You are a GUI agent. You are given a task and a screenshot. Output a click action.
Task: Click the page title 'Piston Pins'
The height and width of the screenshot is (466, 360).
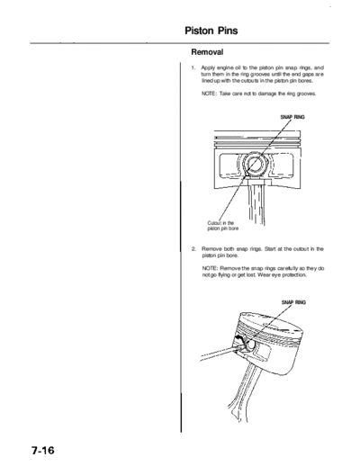211,31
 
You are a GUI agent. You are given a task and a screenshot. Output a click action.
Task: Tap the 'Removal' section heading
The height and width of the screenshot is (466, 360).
207,52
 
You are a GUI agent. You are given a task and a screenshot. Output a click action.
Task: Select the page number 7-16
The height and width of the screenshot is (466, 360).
42,451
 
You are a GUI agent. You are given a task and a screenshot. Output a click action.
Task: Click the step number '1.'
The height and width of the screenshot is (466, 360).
193,67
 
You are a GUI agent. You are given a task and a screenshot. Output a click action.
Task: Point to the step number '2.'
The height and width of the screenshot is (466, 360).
194,249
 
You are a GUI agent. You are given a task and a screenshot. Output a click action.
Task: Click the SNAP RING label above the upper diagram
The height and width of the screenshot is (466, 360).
292,117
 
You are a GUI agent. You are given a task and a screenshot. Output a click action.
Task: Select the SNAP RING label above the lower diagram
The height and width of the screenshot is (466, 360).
293,302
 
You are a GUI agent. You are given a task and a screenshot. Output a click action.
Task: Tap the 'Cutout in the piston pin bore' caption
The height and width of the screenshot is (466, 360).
223,226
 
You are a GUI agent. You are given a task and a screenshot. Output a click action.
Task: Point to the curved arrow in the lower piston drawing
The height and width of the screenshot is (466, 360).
239,338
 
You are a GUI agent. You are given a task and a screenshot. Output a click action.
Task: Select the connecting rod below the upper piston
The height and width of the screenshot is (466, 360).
256,204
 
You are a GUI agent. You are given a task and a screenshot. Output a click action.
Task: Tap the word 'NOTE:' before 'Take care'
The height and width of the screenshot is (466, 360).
209,94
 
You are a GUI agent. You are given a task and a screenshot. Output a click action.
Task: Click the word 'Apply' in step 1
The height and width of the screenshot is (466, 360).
207,68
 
